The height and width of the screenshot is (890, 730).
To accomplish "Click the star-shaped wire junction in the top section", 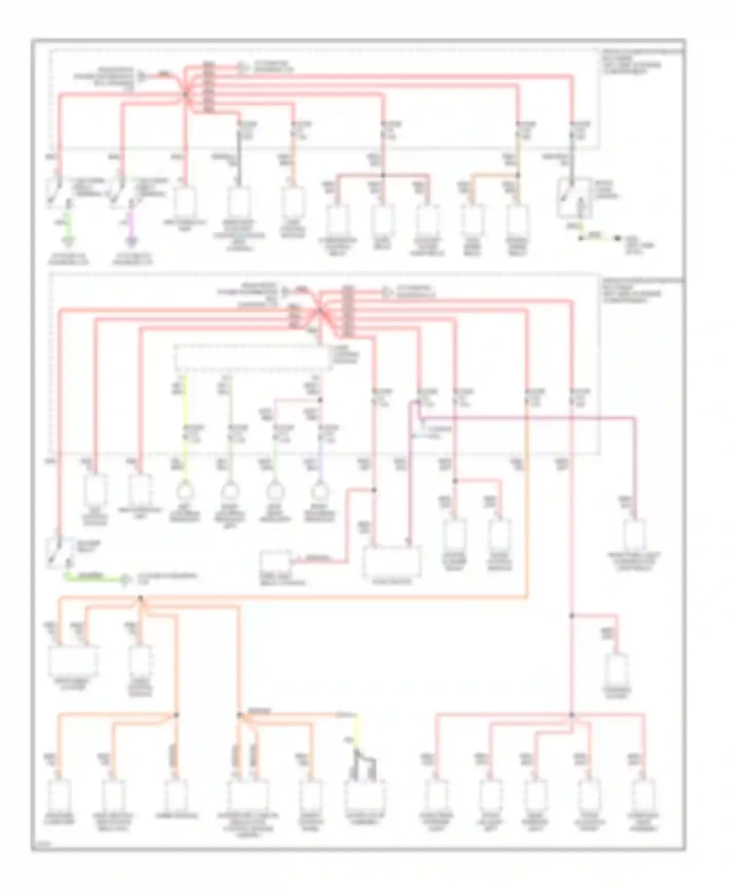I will click(x=185, y=93).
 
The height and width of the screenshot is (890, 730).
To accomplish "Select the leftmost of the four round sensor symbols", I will click(x=184, y=492).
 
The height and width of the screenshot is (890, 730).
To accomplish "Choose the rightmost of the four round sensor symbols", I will click(x=319, y=492).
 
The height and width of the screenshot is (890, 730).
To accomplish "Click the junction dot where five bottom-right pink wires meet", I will click(x=572, y=715).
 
